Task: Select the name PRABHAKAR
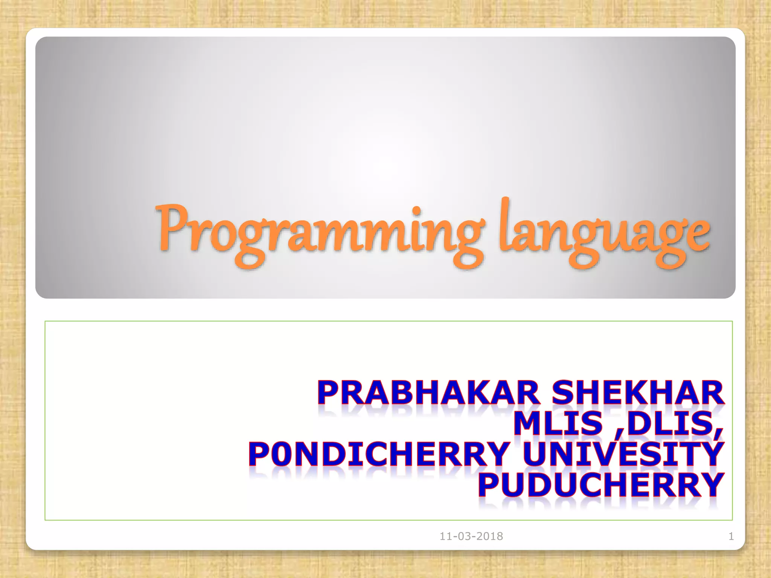429,393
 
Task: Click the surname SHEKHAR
638,393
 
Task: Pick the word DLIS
670,423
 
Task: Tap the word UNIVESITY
623,454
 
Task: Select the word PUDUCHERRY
601,485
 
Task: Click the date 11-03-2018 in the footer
471,536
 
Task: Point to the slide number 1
731,536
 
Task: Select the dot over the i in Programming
416,209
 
